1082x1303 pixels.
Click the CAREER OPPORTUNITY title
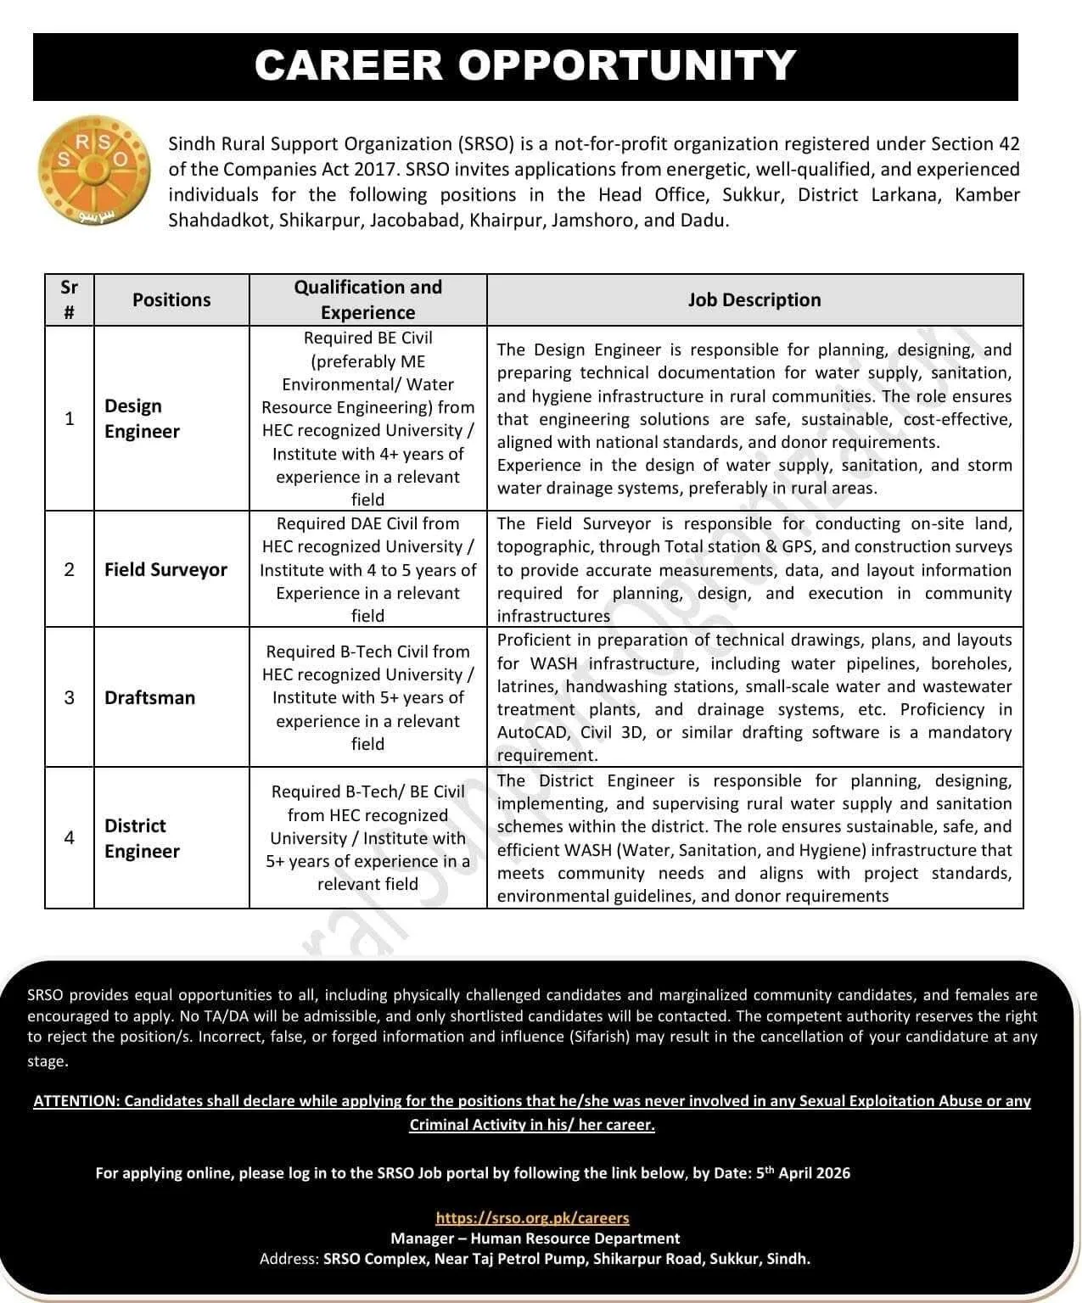pyautogui.click(x=525, y=66)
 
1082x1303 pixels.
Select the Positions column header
pyautogui.click(x=171, y=299)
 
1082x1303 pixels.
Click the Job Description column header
pyautogui.click(x=754, y=299)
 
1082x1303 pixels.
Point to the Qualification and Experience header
pyautogui.click(x=367, y=299)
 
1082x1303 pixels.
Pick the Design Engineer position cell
pyautogui.click(x=142, y=418)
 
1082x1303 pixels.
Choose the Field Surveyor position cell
pyautogui.click(x=165, y=569)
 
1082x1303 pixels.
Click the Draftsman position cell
pyautogui.click(x=149, y=697)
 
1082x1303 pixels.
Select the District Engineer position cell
pyautogui.click(x=142, y=838)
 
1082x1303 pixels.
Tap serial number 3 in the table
pyautogui.click(x=70, y=697)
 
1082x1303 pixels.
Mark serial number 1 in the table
pyautogui.click(x=70, y=418)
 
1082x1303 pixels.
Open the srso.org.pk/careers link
pyautogui.click(x=532, y=1218)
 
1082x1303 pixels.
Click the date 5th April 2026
pyautogui.click(x=803, y=1173)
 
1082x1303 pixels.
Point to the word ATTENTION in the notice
pyautogui.click(x=76, y=1101)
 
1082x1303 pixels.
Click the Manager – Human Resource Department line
pyautogui.click(x=535, y=1239)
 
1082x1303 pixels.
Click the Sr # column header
pyautogui.click(x=70, y=299)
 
